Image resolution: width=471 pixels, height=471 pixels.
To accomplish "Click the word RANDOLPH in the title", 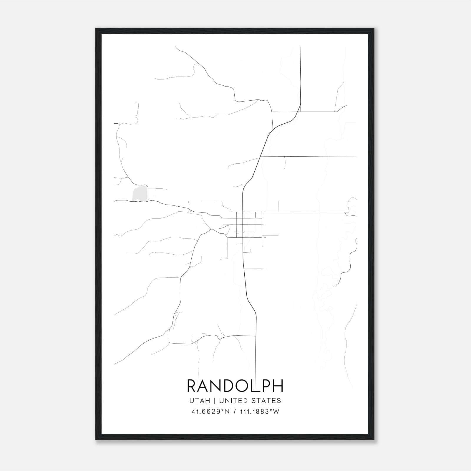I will click(235, 386).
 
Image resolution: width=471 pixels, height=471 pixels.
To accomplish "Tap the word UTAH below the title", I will click(200, 401).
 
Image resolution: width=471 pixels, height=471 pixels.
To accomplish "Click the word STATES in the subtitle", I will click(266, 401).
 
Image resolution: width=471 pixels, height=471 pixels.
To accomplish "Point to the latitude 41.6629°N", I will click(210, 412).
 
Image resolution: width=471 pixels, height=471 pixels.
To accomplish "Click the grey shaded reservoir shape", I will click(140, 194).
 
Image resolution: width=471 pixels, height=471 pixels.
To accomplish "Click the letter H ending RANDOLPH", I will click(278, 386).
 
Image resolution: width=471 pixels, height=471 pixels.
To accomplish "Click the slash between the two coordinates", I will click(234, 412).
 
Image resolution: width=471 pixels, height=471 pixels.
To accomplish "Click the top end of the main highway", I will click(301, 47).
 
